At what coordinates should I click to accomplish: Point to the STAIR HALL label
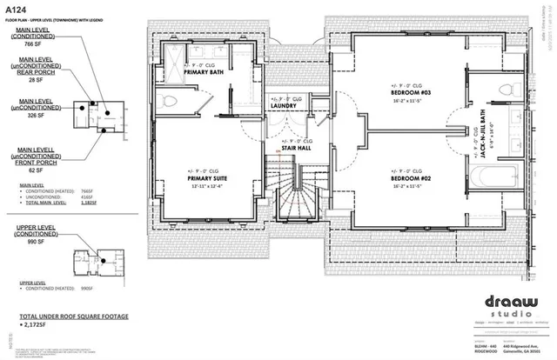coord(297,147)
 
